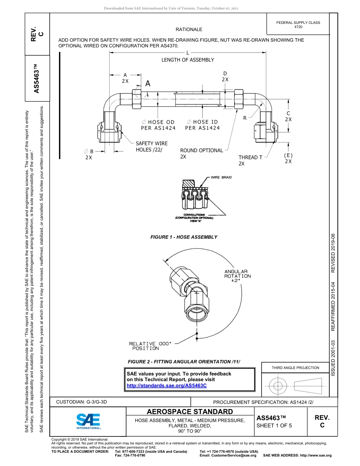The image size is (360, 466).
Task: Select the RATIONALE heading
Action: (189, 29)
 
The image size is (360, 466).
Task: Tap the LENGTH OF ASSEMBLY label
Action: (188, 60)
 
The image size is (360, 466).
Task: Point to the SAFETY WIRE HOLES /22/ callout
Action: (152, 146)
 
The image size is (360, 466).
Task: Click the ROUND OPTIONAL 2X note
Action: (201, 153)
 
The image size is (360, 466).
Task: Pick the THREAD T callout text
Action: (250, 157)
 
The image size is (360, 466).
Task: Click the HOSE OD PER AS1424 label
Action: (158, 125)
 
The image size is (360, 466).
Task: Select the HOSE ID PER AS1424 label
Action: (202, 125)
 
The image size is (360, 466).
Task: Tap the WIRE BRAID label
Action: (221, 177)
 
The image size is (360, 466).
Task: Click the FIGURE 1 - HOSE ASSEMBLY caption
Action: (184, 237)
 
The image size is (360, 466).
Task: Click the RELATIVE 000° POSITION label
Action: (150, 346)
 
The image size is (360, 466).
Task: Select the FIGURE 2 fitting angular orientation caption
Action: (184, 362)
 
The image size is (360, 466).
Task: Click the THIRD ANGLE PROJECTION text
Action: (295, 367)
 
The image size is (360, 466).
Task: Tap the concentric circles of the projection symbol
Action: (278, 386)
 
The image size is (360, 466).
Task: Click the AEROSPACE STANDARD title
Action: (190, 411)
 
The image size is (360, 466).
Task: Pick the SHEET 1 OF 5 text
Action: (274, 425)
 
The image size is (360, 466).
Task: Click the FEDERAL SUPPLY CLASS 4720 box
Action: (298, 25)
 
